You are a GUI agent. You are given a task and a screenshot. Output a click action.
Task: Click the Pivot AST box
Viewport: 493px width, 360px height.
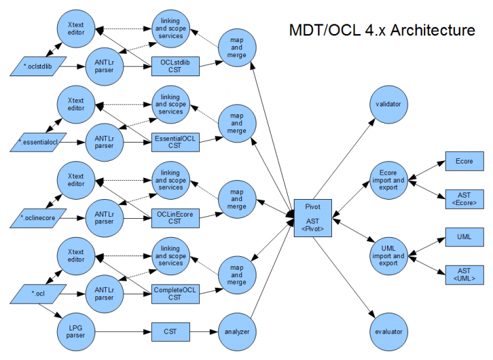click(x=313, y=218)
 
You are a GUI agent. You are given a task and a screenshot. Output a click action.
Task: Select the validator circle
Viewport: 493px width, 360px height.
click(x=388, y=104)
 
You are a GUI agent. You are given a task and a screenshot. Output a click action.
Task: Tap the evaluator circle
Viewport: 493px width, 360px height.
click(x=388, y=332)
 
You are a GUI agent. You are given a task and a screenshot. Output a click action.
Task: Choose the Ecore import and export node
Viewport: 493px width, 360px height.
click(x=388, y=180)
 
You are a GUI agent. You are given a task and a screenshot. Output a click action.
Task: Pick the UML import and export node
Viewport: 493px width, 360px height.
click(x=388, y=256)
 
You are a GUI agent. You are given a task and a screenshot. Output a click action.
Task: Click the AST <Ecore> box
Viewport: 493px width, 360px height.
click(x=464, y=199)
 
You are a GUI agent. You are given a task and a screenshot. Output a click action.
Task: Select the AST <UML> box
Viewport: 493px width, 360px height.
click(x=464, y=275)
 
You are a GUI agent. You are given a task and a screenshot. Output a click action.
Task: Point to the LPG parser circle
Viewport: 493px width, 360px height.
click(x=76, y=332)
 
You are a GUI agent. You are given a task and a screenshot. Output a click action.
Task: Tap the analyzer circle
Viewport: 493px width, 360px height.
click(x=237, y=332)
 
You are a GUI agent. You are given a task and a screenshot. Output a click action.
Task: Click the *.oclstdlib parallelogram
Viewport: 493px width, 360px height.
click(x=38, y=66)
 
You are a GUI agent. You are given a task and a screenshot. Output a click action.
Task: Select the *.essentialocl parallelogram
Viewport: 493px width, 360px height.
click(x=38, y=143)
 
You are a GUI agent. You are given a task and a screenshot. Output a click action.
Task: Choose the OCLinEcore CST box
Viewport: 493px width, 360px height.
click(x=175, y=218)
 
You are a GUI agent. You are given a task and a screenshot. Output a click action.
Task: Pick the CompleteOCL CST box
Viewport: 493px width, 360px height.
click(x=175, y=294)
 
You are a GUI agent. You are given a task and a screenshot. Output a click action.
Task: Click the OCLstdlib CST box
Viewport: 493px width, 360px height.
click(x=175, y=66)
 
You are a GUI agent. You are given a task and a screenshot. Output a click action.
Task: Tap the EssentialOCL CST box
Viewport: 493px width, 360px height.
click(x=175, y=143)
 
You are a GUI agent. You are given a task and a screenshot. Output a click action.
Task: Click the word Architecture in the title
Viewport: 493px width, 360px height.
click(x=433, y=30)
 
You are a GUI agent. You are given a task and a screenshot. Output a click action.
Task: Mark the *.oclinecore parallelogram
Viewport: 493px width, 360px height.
click(x=38, y=218)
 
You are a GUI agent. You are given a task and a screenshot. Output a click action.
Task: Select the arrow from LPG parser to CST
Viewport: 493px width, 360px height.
click(x=123, y=332)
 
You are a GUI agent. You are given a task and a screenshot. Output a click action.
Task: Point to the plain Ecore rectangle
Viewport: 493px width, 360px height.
click(x=464, y=161)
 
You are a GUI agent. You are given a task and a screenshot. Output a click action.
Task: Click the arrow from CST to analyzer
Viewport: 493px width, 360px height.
click(x=204, y=332)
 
